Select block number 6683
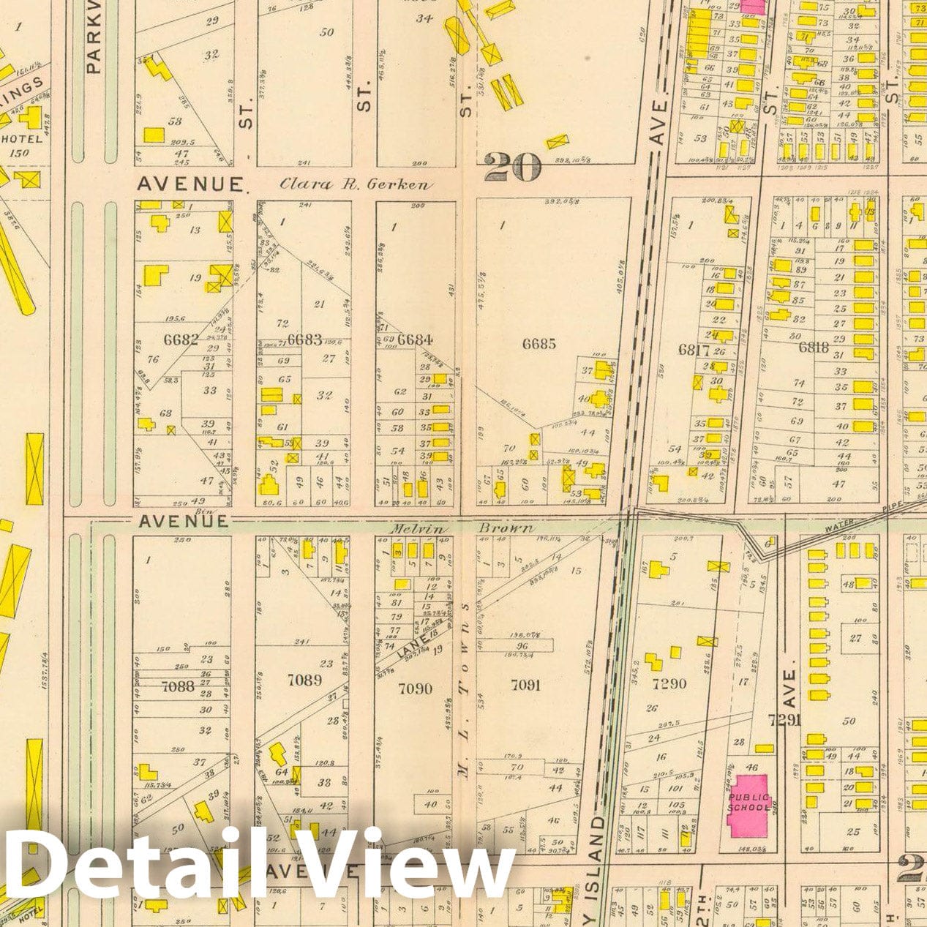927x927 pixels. (304, 339)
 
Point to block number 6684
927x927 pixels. (414, 339)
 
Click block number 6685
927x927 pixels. (538, 343)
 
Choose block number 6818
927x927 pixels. (813, 348)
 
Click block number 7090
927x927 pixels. (414, 688)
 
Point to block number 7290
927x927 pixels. (669, 683)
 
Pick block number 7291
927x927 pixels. (785, 720)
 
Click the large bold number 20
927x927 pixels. (512, 168)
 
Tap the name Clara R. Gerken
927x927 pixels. (356, 185)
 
